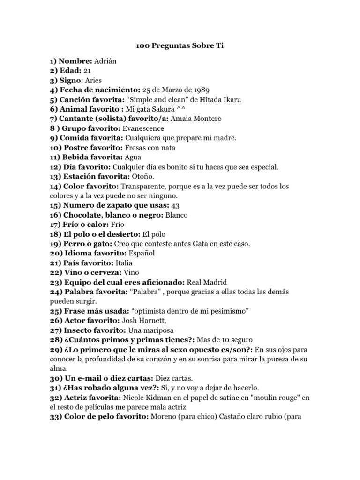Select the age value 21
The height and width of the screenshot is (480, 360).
pos(87,71)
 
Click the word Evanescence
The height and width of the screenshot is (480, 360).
pos(143,128)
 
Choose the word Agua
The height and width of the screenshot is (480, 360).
pos(133,157)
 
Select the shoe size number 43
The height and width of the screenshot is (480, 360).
pos(176,206)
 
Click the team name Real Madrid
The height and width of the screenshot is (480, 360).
pos(207,282)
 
